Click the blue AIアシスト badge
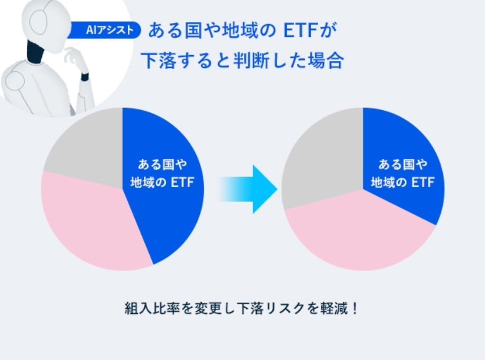pyautogui.click(x=105, y=30)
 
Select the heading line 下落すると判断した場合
pyautogui.click(x=242, y=60)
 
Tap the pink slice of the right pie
pyautogui.click(x=359, y=235)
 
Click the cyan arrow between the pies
pyautogui.click(x=248, y=189)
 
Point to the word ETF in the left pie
pyautogui.click(x=182, y=182)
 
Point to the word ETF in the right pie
pyautogui.click(x=423, y=182)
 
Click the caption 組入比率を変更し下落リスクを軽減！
pyautogui.click(x=241, y=308)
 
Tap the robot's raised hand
pyautogui.click(x=76, y=59)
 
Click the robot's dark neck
pyautogui.click(x=35, y=51)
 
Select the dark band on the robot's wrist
pyautogui.click(x=84, y=77)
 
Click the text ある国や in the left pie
pyautogui.click(x=163, y=164)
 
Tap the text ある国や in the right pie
pyautogui.click(x=403, y=164)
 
